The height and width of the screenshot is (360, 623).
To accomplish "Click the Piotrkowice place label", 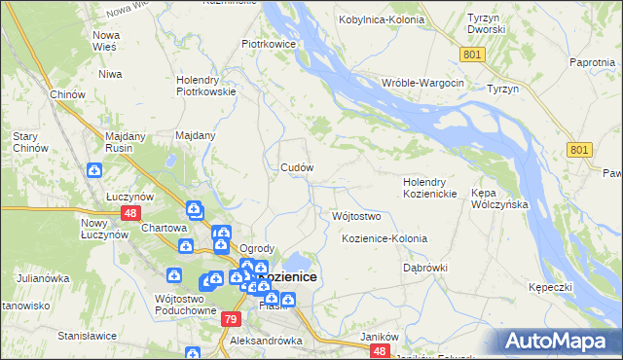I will (269, 44).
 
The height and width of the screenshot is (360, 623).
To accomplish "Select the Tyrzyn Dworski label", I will (486, 24).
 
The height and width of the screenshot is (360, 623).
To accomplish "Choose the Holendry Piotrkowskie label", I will (206, 87).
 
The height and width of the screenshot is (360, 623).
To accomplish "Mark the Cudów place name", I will (297, 167).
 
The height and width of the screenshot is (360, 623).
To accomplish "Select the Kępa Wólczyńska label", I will (498, 199).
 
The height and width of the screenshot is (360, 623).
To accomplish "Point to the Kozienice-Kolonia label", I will (385, 238).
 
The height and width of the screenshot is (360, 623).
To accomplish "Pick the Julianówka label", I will (43, 278).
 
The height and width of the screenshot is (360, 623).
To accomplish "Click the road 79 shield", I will (230, 319).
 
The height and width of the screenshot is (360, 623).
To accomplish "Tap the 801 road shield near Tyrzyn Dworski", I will (473, 55).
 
